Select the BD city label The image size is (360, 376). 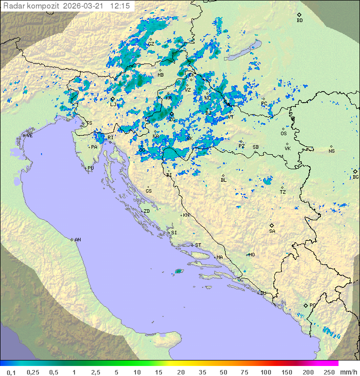299,20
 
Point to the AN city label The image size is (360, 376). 77,240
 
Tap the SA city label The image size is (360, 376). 272,231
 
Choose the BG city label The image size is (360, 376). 355,177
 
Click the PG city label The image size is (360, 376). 312,305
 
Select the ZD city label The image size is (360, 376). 146,211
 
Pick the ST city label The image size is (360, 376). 198,245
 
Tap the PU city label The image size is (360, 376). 90,168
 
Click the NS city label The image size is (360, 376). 331,151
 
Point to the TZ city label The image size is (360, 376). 282,192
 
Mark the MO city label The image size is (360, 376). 251,254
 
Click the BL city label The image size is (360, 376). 223,180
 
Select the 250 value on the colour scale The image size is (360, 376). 329,372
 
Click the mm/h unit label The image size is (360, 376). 348,372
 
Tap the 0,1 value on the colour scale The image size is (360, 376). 11,372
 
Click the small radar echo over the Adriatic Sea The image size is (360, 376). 178,271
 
